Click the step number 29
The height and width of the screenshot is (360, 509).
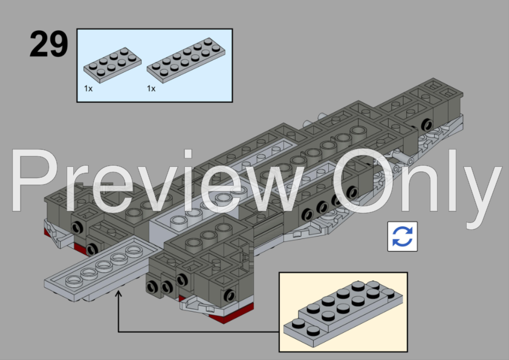(49, 44)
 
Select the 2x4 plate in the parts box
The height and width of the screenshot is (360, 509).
(112, 65)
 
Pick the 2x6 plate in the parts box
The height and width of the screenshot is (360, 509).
(186, 61)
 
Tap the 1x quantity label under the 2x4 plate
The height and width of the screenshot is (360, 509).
(88, 88)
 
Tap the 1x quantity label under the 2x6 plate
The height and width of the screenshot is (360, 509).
(151, 88)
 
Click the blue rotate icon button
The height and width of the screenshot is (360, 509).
(403, 237)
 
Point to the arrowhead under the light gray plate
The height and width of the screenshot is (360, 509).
(118, 294)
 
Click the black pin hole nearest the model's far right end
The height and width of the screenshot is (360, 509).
(427, 125)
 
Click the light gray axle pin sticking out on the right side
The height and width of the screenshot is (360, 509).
(403, 159)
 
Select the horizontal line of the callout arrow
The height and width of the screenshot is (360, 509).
(199, 332)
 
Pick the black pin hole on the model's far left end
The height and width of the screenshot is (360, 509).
(77, 227)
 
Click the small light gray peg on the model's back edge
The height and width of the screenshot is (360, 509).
(322, 116)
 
